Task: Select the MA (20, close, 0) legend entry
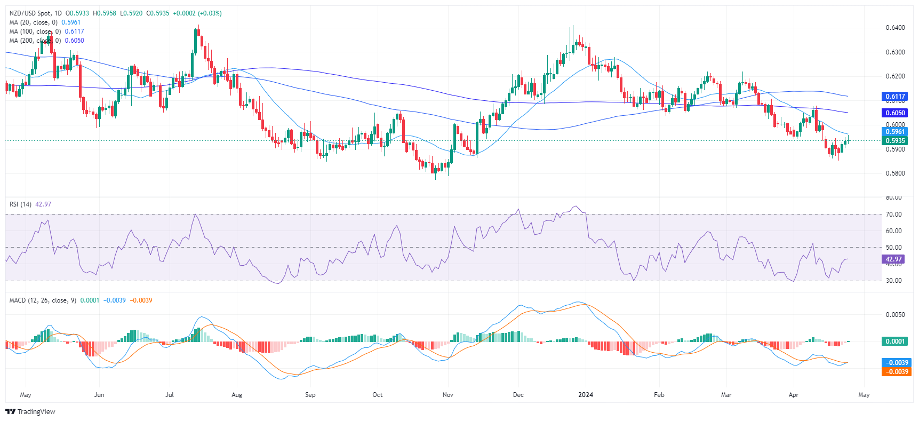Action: [33, 22]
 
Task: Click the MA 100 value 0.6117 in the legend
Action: [74, 31]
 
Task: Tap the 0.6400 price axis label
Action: [895, 28]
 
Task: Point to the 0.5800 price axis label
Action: [895, 173]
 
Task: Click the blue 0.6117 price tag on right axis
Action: [895, 97]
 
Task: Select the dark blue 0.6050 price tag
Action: [895, 113]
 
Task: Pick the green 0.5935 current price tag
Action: [895, 141]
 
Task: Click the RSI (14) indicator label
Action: [20, 204]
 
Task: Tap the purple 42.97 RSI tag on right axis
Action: [894, 259]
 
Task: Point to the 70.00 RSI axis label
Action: [894, 215]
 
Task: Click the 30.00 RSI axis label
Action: [894, 281]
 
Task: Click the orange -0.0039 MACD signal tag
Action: [896, 372]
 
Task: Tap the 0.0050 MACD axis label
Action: [895, 315]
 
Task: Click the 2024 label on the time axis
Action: [586, 395]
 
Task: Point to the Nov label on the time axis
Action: [448, 395]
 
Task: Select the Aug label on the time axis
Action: [237, 395]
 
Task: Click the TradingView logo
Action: [30, 411]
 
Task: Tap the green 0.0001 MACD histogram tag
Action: [895, 341]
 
